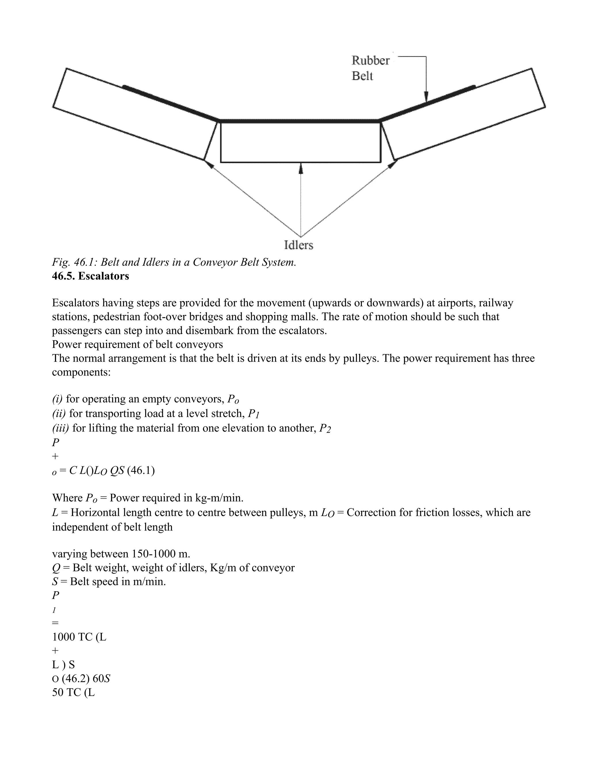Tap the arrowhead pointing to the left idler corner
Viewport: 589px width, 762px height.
[209, 164]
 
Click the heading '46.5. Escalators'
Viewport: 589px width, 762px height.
[90, 276]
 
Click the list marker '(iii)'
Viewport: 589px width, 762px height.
[60, 428]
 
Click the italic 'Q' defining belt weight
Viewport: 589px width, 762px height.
[56, 568]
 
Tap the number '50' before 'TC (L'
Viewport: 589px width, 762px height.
[58, 692]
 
